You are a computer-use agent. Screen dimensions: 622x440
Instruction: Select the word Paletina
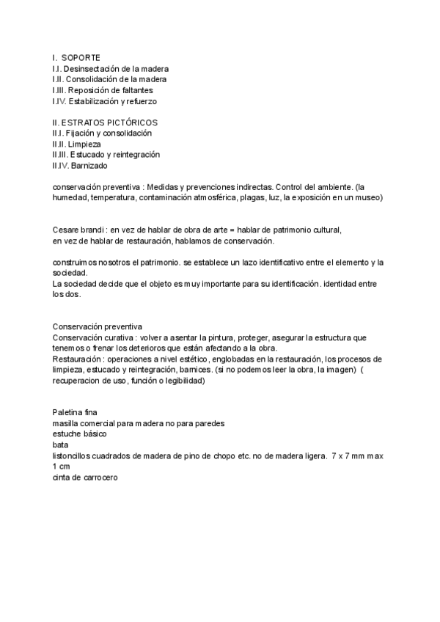coord(69,412)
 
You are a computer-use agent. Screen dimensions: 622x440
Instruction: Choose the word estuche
coord(68,434)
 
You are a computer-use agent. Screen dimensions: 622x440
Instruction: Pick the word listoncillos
coord(75,455)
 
